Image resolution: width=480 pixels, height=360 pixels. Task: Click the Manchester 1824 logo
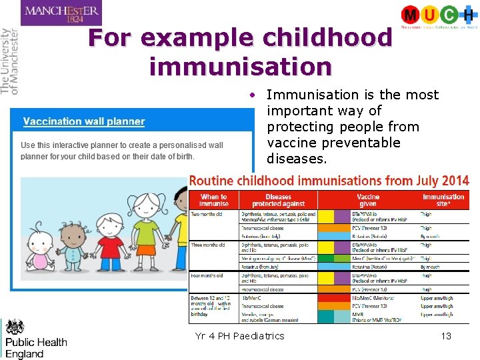[x=61, y=13]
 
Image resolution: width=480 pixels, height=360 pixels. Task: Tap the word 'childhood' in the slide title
[x=327, y=38]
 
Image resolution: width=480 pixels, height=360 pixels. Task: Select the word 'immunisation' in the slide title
[x=240, y=66]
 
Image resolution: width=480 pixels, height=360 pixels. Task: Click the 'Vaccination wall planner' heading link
[x=84, y=121]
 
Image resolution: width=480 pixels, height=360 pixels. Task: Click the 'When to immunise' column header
[x=213, y=200]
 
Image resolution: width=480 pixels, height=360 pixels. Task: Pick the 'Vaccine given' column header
[x=368, y=200]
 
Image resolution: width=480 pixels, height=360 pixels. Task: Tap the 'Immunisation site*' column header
[x=443, y=200]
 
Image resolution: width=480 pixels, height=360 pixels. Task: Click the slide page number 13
[x=446, y=336]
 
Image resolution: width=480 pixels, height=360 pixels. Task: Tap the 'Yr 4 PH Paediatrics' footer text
[x=239, y=336]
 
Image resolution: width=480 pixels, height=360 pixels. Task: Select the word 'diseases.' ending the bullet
[x=297, y=159]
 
